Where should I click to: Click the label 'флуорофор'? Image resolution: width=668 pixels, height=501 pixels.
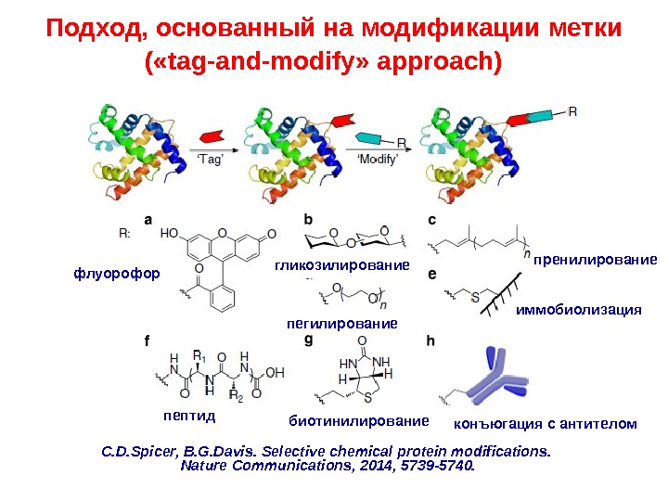click(x=116, y=274)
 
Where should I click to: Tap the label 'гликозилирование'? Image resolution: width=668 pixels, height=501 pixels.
click(x=342, y=266)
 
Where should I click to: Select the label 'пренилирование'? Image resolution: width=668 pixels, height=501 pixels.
click(x=595, y=260)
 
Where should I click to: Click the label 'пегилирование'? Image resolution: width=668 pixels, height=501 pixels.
click(x=342, y=324)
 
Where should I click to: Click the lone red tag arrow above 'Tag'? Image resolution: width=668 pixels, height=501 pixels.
click(x=210, y=136)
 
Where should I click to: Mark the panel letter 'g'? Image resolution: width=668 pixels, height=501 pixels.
click(x=309, y=340)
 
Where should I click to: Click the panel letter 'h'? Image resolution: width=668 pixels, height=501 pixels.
click(x=430, y=340)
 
